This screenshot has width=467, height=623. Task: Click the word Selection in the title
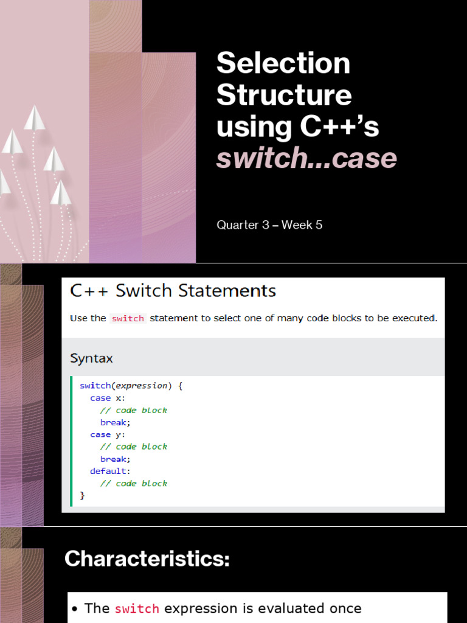(x=283, y=64)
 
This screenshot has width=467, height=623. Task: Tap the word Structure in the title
(x=284, y=96)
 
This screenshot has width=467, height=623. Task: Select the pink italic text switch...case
(x=306, y=158)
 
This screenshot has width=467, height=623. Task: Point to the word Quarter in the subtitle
(x=237, y=225)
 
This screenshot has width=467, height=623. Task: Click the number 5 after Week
(x=319, y=225)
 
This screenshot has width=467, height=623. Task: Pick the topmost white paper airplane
(x=35, y=117)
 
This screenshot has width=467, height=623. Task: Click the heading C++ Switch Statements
(x=173, y=291)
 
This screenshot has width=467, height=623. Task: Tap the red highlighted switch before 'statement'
(x=128, y=318)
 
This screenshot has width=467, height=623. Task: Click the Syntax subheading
(x=91, y=358)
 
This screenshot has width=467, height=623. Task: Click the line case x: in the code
(x=108, y=398)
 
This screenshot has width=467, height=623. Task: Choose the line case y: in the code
(x=108, y=434)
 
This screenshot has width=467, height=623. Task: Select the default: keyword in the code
(x=110, y=471)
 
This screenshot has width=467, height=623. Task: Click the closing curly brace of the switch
(x=83, y=495)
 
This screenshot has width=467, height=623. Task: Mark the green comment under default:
(x=133, y=483)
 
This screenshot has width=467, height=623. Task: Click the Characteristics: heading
(x=147, y=559)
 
